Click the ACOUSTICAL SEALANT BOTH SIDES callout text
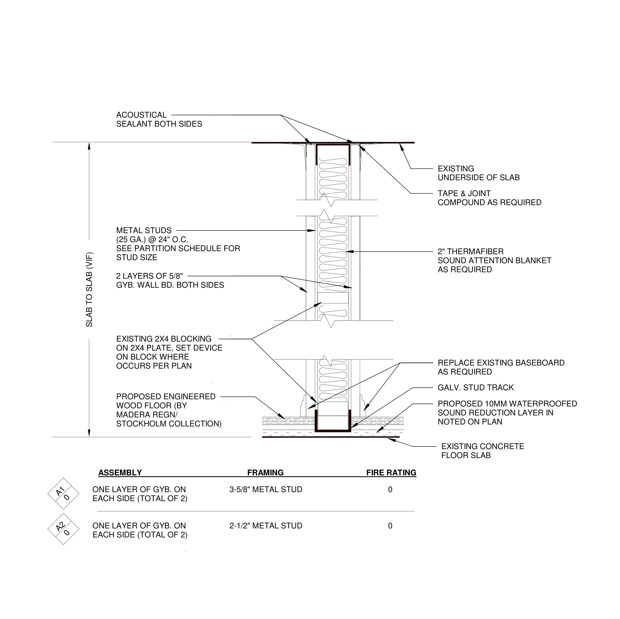coord(159,119)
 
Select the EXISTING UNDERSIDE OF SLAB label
coord(478,173)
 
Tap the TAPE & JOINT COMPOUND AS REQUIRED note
coord(489,198)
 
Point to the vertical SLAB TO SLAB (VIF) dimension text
coord(89,290)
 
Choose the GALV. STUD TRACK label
coord(475,387)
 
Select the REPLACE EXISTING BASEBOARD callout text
coord(501,367)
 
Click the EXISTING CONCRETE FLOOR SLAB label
coord(482,450)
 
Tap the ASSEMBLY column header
coord(120,472)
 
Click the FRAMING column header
coord(265,472)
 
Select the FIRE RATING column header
coord(391,472)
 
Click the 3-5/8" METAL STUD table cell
coord(266,489)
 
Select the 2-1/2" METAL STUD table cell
coord(266,526)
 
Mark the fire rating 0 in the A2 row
coord(390,526)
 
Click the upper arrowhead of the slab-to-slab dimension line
coord(89,146)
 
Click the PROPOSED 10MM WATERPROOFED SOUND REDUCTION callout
coord(507,413)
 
